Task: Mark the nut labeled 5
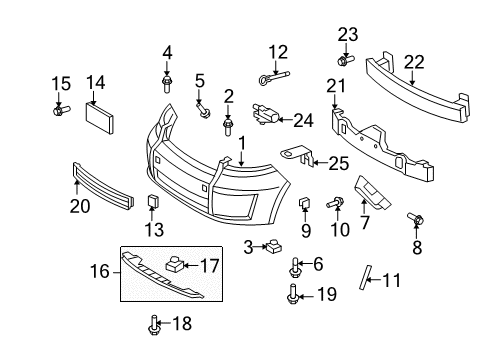[205, 113]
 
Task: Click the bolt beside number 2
[229, 125]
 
